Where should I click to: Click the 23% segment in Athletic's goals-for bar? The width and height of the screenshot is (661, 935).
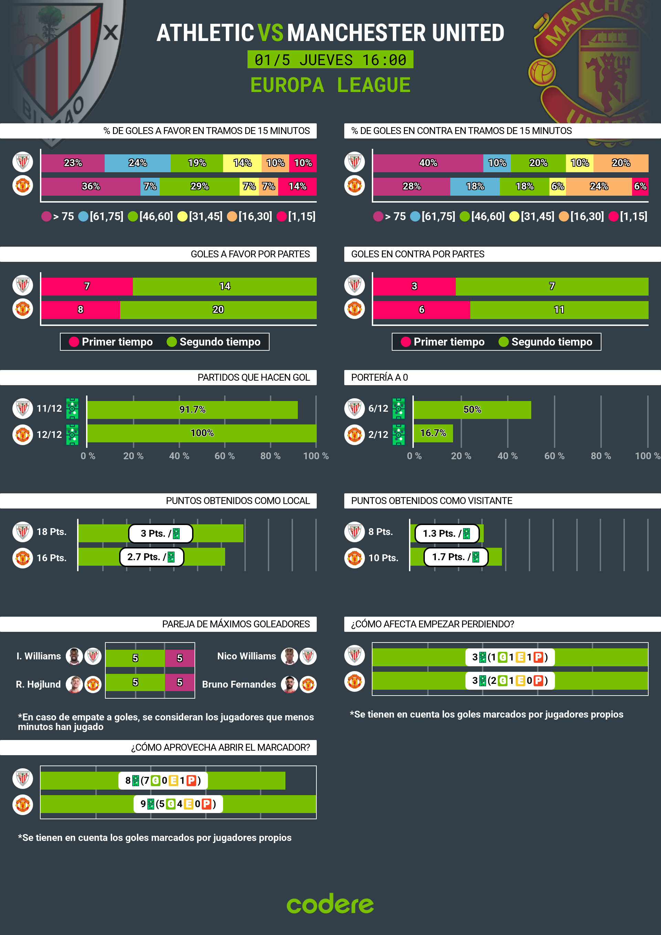[73, 163]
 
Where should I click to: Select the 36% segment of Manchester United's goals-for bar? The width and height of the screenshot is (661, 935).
[91, 186]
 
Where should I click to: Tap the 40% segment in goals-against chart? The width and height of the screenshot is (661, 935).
[428, 163]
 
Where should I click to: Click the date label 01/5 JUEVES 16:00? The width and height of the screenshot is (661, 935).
[330, 60]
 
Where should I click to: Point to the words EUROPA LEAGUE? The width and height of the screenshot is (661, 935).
[330, 85]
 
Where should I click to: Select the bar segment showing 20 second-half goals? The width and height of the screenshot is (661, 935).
[218, 309]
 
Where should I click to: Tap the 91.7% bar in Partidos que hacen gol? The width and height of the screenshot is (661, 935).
[192, 410]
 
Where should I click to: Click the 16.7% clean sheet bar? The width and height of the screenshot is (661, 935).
[433, 433]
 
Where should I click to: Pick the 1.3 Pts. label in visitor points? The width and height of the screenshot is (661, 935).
[447, 533]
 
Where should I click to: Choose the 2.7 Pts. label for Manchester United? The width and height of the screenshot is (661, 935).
[151, 557]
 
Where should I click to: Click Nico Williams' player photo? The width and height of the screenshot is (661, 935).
[290, 656]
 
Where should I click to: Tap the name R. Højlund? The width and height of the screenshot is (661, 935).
[38, 685]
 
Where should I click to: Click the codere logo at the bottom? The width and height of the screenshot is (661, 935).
[330, 904]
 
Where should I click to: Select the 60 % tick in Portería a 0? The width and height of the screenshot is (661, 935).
[554, 456]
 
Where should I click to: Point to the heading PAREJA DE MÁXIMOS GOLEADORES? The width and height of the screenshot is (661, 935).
[236, 624]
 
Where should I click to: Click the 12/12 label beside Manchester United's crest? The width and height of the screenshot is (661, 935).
[49, 434]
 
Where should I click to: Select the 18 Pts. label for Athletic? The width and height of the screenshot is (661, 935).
[51, 532]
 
